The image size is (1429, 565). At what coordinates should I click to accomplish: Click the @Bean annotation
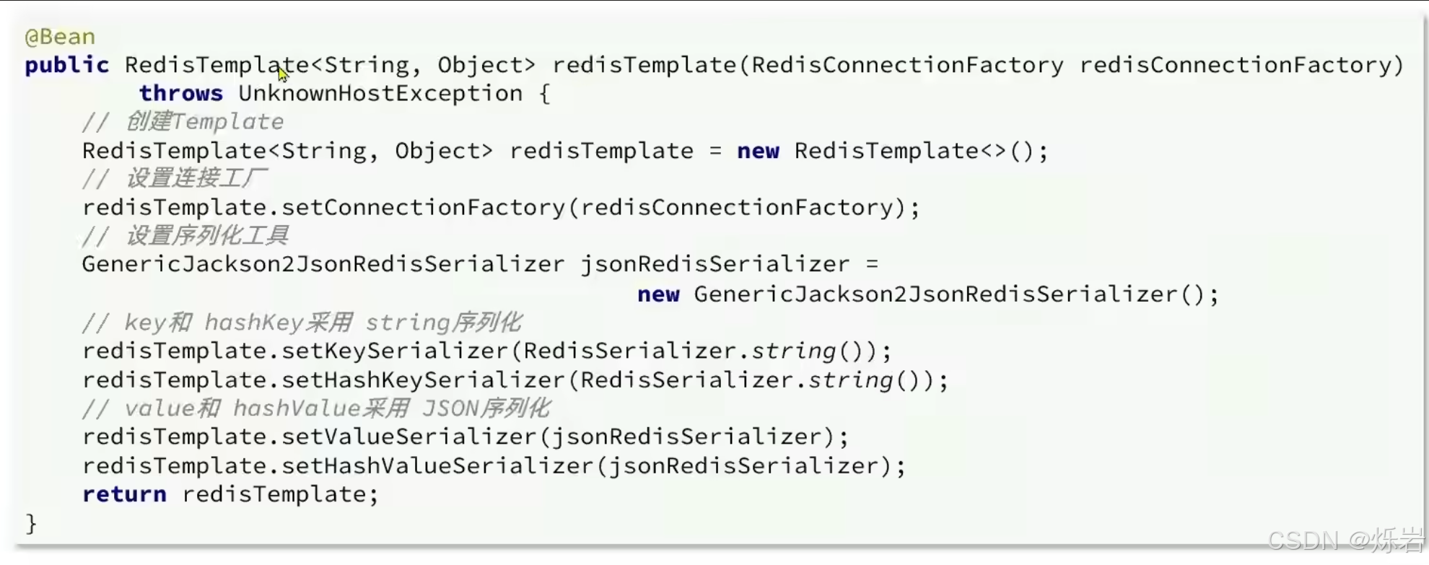click(x=60, y=36)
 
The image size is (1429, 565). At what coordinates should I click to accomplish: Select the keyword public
click(x=66, y=65)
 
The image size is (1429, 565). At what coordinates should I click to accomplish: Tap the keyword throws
click(x=180, y=93)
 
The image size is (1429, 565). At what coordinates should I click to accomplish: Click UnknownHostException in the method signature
click(x=380, y=93)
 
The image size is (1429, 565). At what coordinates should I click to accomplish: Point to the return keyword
click(x=124, y=494)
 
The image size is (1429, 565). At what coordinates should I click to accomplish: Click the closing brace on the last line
click(x=30, y=523)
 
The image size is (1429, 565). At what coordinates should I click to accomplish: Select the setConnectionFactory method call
click(x=423, y=208)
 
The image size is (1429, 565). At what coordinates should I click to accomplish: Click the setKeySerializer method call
click(x=395, y=351)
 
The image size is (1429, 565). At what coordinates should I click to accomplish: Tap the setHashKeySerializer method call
click(x=423, y=380)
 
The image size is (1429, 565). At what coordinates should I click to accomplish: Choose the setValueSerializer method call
click(x=408, y=437)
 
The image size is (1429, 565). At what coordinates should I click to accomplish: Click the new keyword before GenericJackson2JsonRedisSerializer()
click(x=658, y=294)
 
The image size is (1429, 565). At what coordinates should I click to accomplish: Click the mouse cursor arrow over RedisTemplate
click(x=281, y=72)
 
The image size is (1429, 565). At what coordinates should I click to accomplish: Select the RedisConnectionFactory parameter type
click(x=907, y=65)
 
